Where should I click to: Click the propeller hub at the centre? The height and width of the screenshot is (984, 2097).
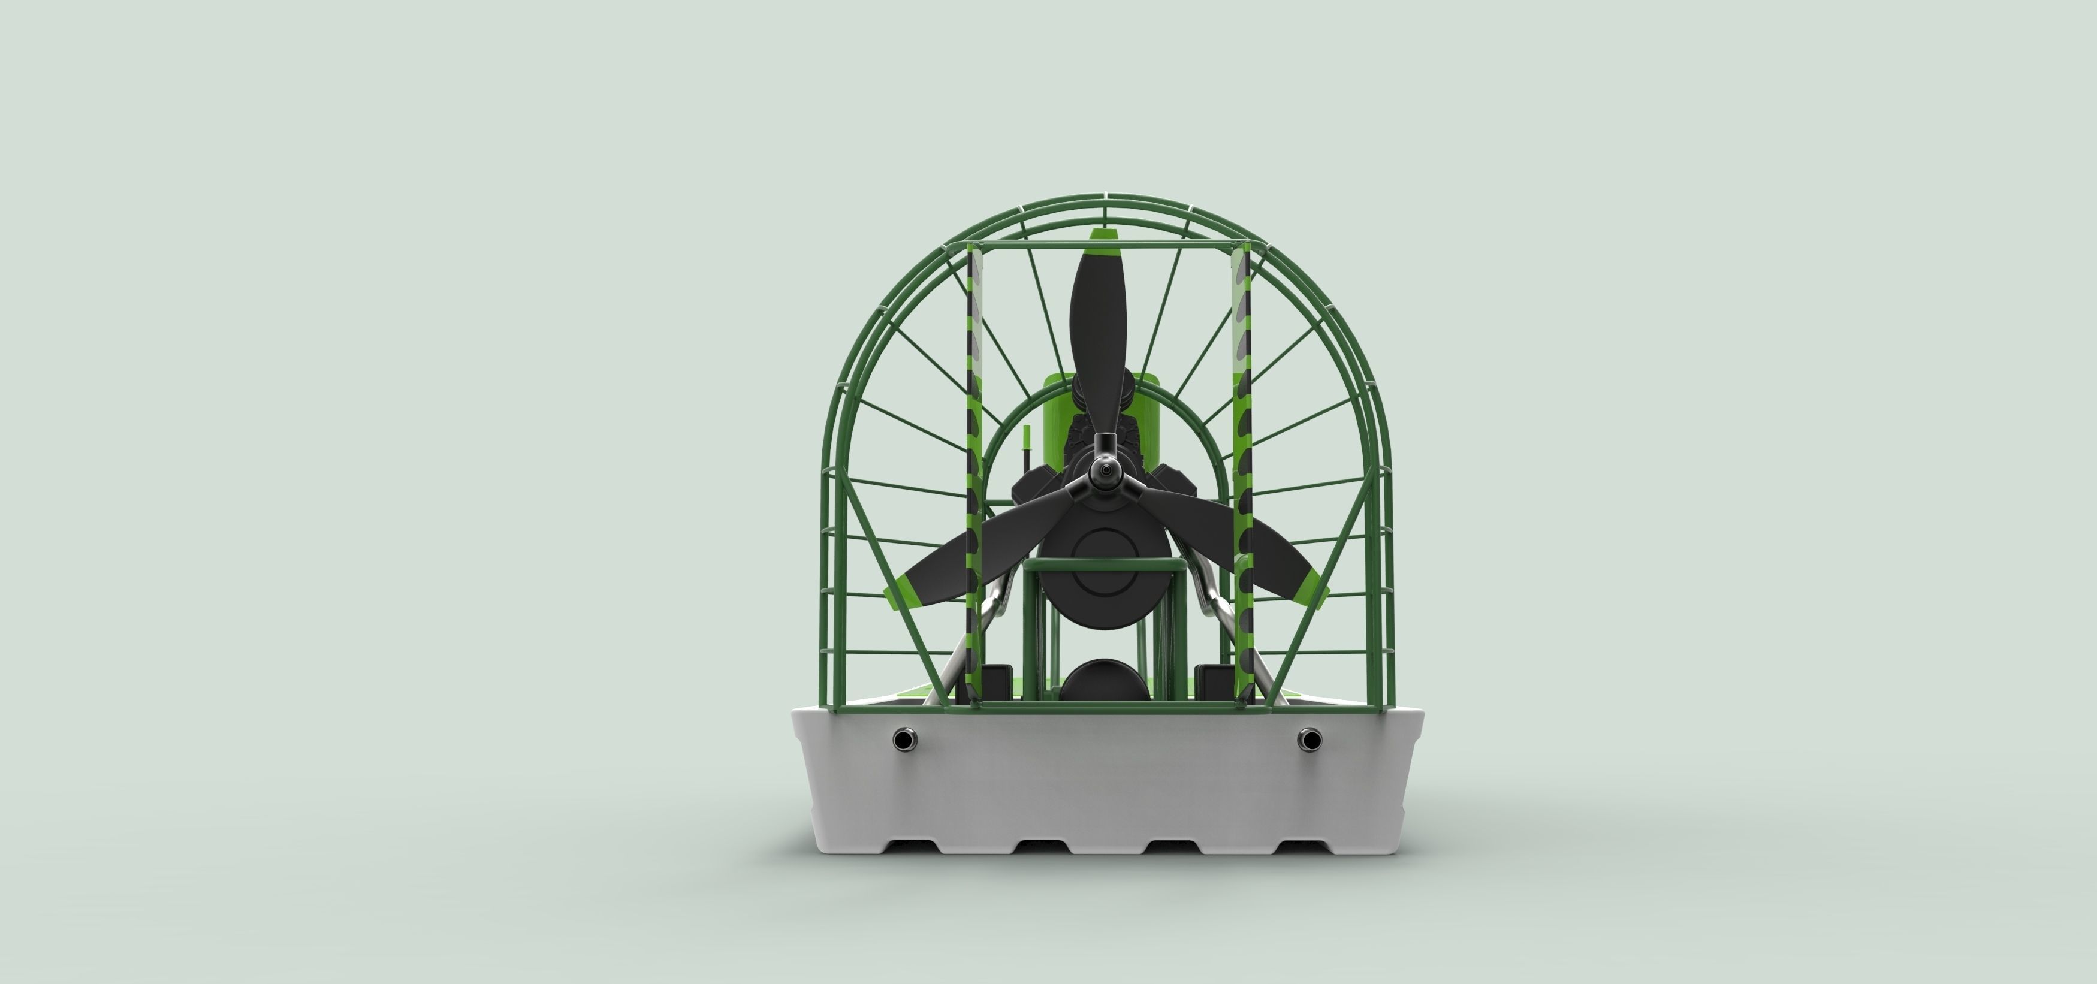click(1104, 470)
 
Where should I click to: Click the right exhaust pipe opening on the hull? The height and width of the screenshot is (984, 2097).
click(1310, 739)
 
